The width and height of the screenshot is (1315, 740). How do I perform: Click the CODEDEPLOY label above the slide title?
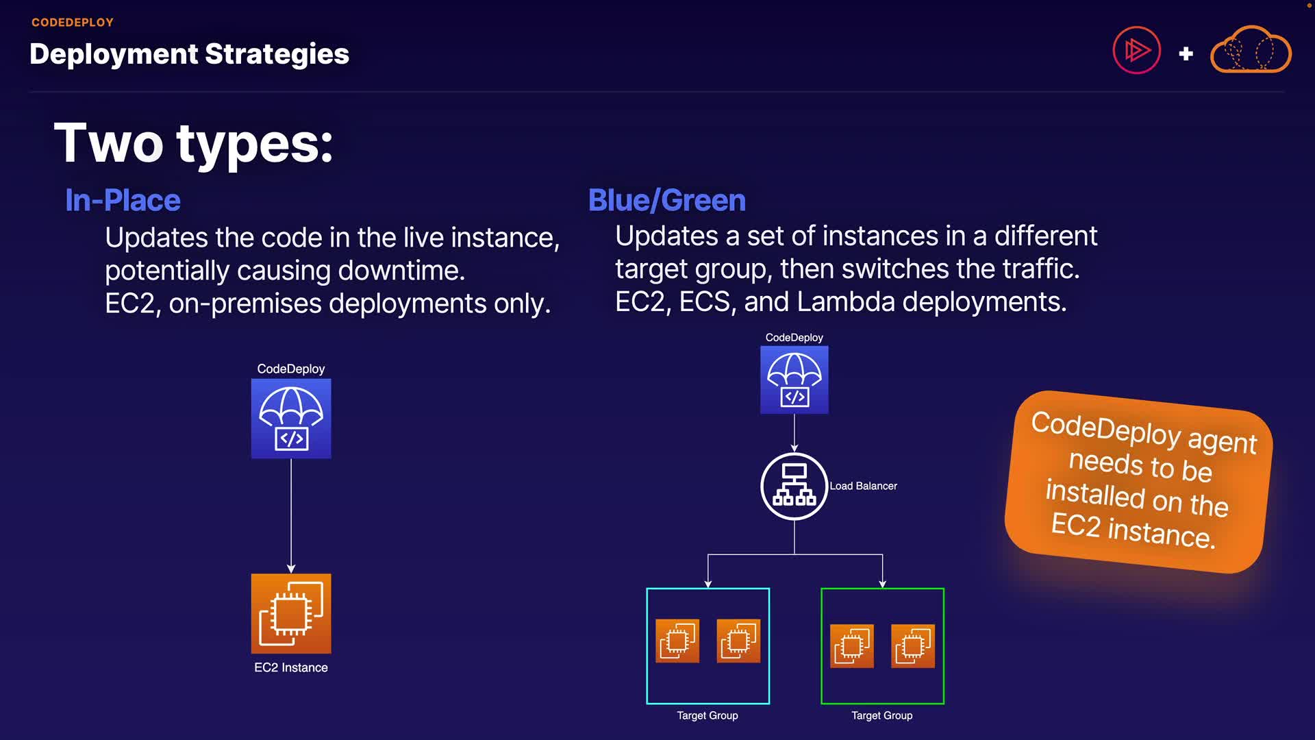click(x=73, y=23)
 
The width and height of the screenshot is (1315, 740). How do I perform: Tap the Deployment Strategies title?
click(x=189, y=54)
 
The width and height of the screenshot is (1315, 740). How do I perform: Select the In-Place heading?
click(x=123, y=201)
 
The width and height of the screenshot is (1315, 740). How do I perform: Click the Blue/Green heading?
click(x=666, y=201)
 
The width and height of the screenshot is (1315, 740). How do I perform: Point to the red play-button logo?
click(x=1136, y=50)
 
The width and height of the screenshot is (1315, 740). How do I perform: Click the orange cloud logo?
click(x=1251, y=50)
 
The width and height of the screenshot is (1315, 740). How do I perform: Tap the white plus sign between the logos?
click(x=1186, y=53)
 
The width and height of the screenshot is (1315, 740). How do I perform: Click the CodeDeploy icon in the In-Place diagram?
click(x=291, y=419)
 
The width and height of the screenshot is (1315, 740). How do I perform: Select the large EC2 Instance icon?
click(x=291, y=613)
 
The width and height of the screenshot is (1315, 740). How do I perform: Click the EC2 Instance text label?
click(x=291, y=667)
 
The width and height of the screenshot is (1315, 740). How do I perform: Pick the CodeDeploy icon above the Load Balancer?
click(x=794, y=380)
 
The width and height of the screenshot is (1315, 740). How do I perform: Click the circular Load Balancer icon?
click(x=794, y=486)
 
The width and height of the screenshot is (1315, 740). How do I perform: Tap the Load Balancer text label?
click(x=863, y=486)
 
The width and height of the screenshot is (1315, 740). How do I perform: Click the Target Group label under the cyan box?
click(x=707, y=715)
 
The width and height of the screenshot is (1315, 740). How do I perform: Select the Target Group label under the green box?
click(x=881, y=715)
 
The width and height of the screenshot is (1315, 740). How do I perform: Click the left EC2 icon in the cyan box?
click(x=677, y=641)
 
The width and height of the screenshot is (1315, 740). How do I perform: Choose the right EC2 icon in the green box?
click(x=913, y=645)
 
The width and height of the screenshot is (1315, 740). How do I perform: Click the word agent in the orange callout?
click(x=1222, y=440)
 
